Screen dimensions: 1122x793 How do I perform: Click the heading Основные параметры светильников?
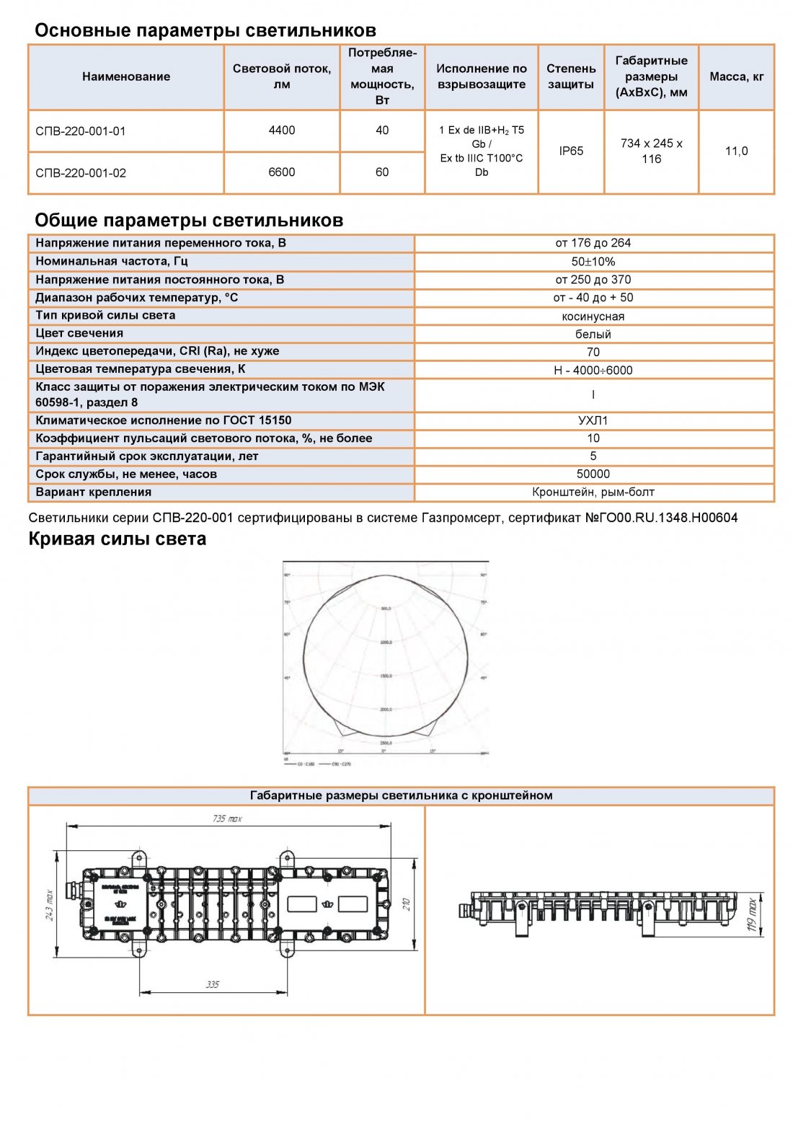click(x=205, y=30)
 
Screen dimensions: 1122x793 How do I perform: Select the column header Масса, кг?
click(x=736, y=76)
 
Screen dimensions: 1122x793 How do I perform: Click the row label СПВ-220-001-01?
click(x=81, y=131)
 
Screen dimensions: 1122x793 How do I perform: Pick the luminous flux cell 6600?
click(x=282, y=172)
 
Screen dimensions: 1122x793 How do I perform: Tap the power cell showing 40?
click(x=382, y=131)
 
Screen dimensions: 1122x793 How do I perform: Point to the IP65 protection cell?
click(x=571, y=151)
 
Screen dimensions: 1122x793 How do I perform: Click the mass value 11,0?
click(x=736, y=151)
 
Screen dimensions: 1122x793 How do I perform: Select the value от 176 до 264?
click(x=593, y=243)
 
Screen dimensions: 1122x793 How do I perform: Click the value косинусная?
click(x=593, y=316)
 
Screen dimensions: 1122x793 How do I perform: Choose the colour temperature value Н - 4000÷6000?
click(x=593, y=370)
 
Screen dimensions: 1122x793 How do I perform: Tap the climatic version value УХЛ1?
click(x=593, y=420)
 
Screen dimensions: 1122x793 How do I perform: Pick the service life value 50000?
click(x=593, y=474)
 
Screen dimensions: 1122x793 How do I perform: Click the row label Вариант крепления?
click(x=94, y=492)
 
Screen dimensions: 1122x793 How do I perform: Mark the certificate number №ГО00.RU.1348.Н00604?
click(x=661, y=518)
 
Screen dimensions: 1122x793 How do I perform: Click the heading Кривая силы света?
click(x=118, y=539)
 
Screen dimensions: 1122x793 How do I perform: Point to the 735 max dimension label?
click(x=227, y=818)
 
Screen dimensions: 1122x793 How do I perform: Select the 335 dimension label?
click(x=213, y=984)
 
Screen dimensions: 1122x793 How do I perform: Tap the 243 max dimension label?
click(x=50, y=905)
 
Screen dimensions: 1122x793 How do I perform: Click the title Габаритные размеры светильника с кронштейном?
click(x=401, y=795)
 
